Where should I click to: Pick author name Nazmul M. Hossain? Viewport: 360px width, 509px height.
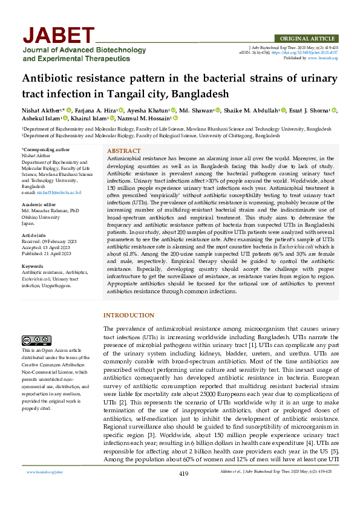click(x=145, y=118)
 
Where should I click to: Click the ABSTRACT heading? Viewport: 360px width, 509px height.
click(x=124, y=150)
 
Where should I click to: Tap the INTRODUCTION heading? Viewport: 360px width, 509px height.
click(x=129, y=316)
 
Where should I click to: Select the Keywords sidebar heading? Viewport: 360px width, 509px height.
click(x=32, y=267)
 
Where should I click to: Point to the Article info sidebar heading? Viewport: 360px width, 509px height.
click(x=34, y=236)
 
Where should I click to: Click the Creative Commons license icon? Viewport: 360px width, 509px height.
click(x=36, y=340)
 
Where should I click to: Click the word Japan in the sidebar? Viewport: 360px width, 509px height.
click(x=28, y=223)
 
